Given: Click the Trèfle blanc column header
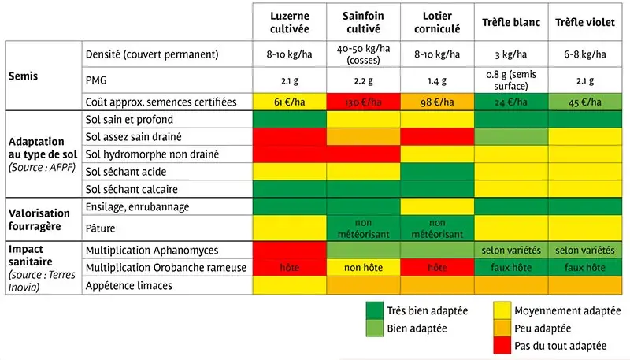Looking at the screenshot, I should (511, 22).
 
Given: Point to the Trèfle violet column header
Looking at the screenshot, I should (584, 22).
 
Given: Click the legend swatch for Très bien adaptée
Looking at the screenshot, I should (380, 310).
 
